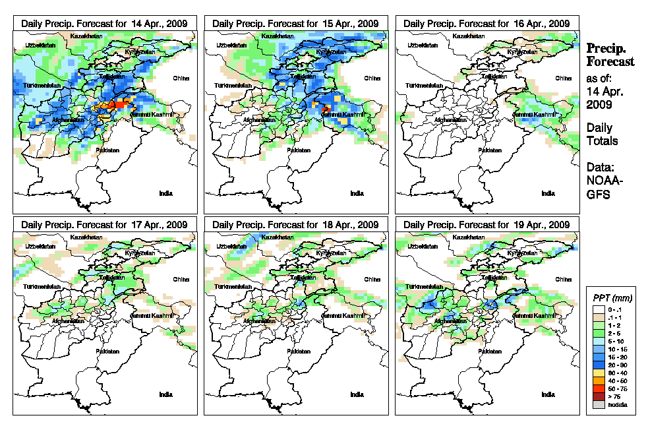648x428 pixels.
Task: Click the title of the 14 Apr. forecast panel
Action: click(x=104, y=23)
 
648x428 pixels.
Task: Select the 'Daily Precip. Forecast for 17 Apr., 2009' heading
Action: click(x=104, y=224)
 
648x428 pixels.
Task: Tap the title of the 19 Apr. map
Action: click(x=486, y=224)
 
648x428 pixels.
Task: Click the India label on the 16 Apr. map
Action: click(x=548, y=193)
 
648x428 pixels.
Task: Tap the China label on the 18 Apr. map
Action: click(x=371, y=280)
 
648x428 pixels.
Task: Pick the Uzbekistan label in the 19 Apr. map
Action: click(x=422, y=246)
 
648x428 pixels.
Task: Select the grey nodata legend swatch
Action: click(x=598, y=404)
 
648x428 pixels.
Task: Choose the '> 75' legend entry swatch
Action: click(x=598, y=396)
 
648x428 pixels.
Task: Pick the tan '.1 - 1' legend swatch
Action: click(x=598, y=317)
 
